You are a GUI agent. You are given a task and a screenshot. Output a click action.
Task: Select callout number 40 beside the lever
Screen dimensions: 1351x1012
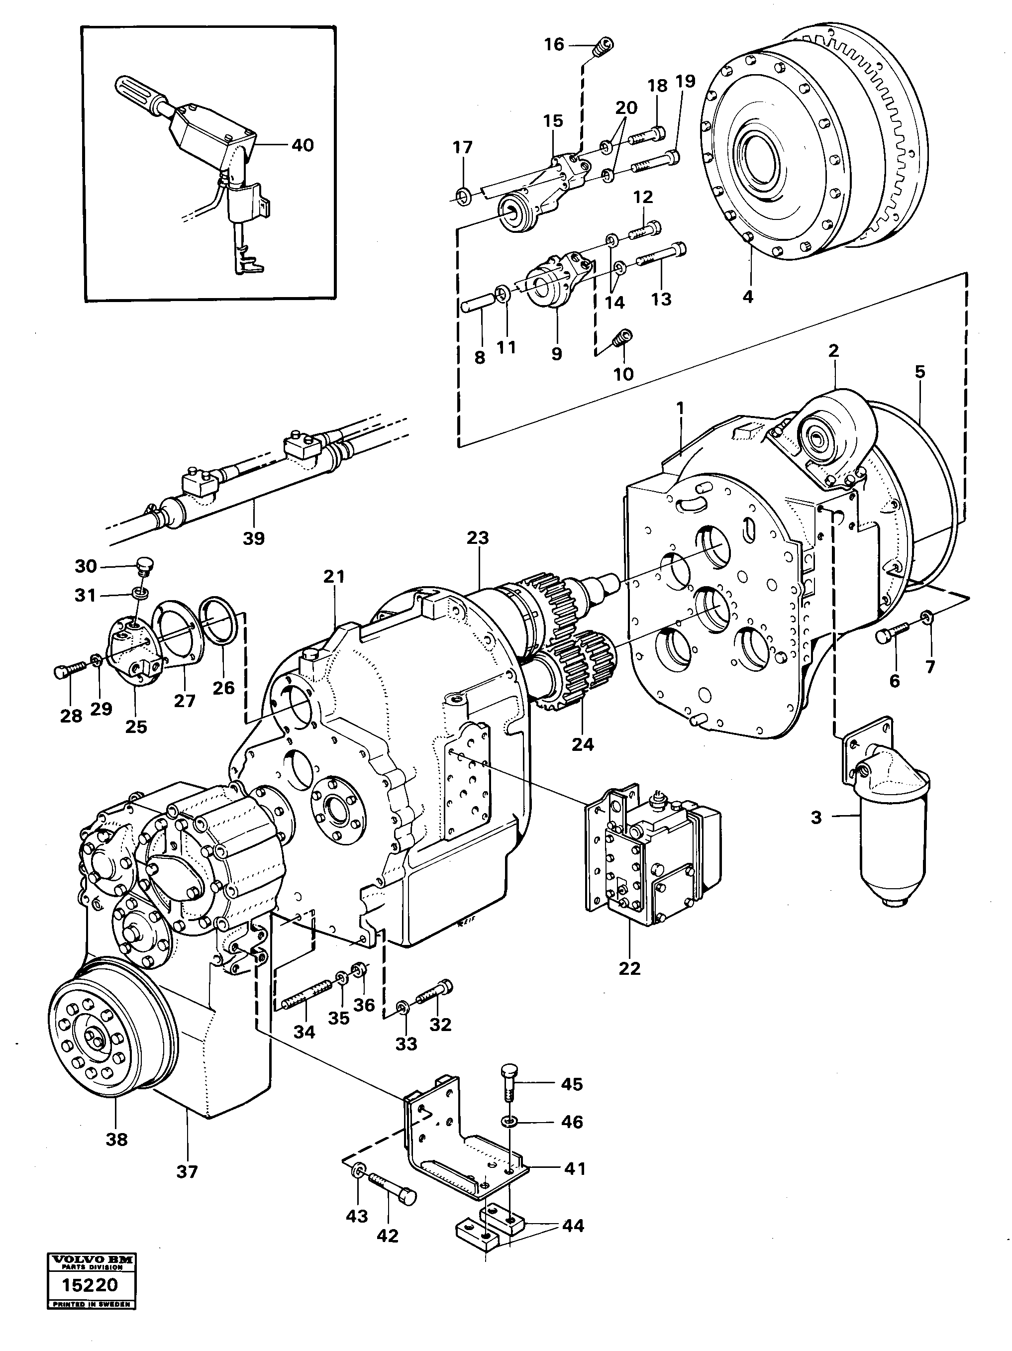pyautogui.click(x=303, y=145)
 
